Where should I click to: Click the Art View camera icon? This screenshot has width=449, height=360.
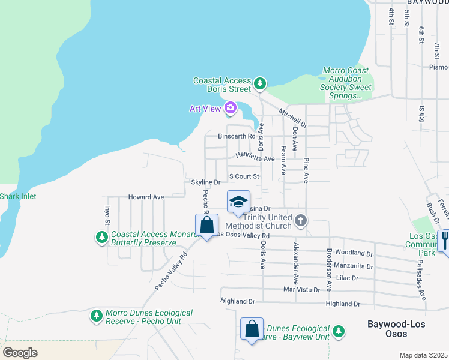click(230, 108)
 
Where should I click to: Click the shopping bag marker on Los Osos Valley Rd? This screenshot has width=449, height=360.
click(206, 226)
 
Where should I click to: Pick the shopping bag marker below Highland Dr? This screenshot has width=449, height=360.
click(252, 329)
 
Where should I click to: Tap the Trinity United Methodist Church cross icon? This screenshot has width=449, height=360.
click(301, 221)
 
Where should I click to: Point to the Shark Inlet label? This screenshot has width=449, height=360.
click(18, 196)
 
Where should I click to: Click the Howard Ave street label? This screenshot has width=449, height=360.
click(146, 197)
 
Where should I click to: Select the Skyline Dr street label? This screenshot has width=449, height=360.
click(206, 182)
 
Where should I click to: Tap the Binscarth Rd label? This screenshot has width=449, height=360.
click(237, 136)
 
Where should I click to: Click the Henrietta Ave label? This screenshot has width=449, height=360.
click(255, 158)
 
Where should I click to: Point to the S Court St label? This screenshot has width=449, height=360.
click(244, 176)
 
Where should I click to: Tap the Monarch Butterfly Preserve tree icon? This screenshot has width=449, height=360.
click(102, 238)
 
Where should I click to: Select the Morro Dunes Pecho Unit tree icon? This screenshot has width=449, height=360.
click(96, 316)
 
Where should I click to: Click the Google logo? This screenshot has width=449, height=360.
click(20, 352)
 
